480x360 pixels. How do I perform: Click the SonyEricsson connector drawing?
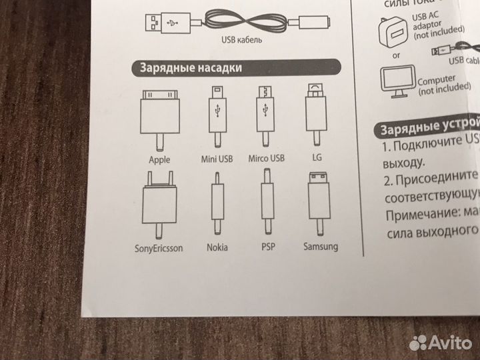tap(159, 203)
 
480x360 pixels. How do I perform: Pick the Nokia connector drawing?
tap(217, 203)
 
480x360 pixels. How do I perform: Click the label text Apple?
tap(160, 160)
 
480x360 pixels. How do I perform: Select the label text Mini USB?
tap(216, 159)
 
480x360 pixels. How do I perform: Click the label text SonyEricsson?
tap(159, 249)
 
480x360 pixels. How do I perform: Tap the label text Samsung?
tap(320, 246)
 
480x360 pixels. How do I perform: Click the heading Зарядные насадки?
tap(190, 67)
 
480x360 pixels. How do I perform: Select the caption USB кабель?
tap(241, 40)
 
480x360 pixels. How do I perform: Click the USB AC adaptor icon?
tap(393, 31)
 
